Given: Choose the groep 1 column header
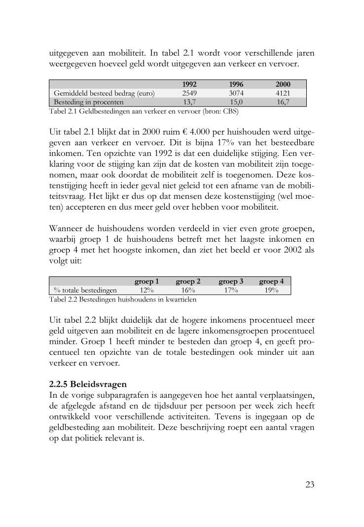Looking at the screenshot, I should point(146,281).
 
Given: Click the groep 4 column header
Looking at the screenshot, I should point(271,281).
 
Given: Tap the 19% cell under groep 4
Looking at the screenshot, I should point(271,290).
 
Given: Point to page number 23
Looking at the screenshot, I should point(309,484).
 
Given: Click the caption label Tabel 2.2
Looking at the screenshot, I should point(62,299).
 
